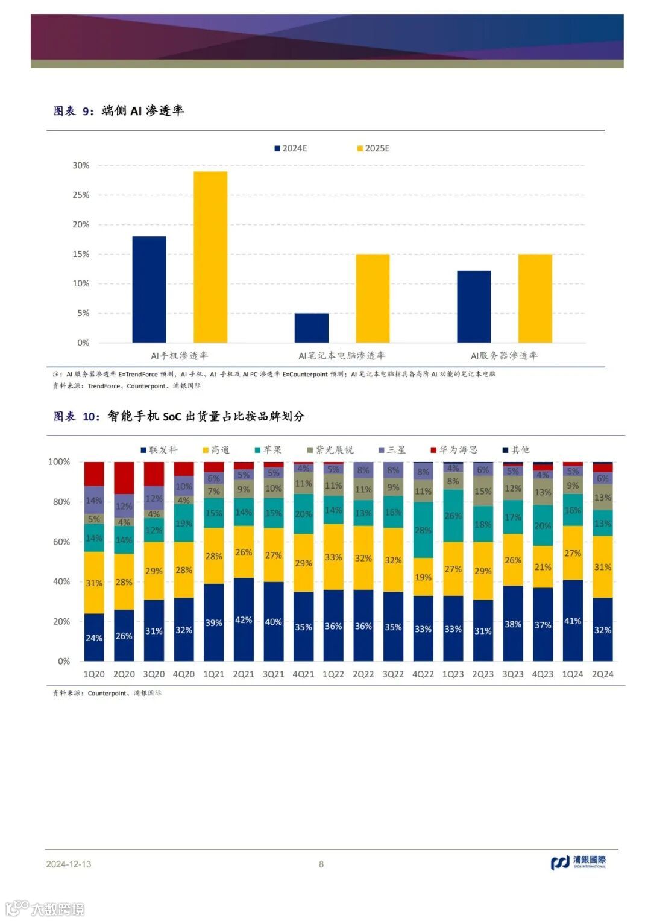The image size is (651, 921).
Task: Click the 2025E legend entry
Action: point(374,148)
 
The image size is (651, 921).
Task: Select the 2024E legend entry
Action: point(291,148)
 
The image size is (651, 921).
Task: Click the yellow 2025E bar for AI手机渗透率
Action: point(210,257)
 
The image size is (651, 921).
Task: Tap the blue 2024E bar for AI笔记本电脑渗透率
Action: point(312,328)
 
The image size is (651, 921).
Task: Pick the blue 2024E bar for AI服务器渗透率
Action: point(474,306)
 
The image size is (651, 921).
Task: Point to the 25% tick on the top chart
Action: point(81,195)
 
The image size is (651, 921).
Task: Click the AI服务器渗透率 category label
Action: point(504,356)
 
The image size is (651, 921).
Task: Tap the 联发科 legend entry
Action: point(159,450)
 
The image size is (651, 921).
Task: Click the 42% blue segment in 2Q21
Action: point(244,619)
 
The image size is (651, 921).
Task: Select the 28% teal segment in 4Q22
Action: point(423,530)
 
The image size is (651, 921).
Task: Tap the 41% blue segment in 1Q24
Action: point(573,621)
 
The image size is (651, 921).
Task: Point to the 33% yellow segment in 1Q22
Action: point(333,557)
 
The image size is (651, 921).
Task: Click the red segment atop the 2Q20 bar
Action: point(124,478)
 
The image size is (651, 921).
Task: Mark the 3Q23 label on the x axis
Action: point(513,674)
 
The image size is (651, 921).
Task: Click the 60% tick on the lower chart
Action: point(61,542)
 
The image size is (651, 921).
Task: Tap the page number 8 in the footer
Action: point(321,864)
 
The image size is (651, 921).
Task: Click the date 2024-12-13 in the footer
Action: point(69,864)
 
